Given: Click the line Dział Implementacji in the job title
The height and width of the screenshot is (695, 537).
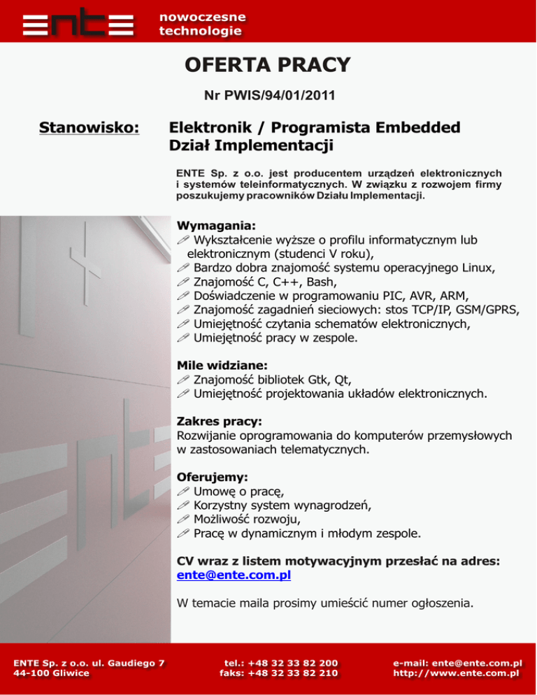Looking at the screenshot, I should tap(252, 146).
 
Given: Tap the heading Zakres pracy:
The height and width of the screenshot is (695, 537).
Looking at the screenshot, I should tap(220, 422).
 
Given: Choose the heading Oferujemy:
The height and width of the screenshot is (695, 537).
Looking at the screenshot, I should tap(213, 478).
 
